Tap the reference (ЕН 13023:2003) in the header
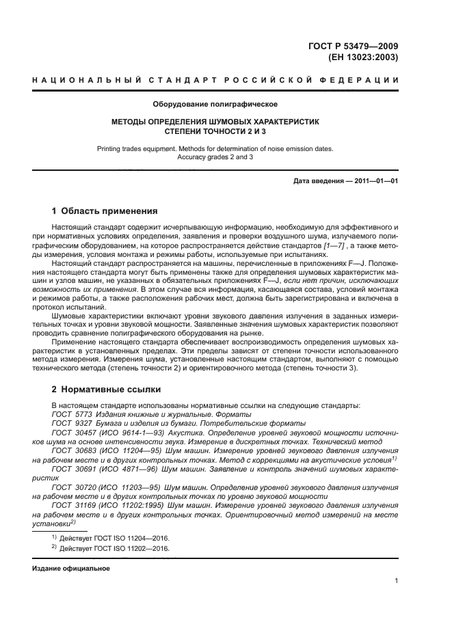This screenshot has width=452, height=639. [x=366, y=57]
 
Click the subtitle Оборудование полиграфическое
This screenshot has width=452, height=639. [x=215, y=104]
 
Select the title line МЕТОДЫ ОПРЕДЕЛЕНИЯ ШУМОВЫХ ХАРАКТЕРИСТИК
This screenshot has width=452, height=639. [x=215, y=121]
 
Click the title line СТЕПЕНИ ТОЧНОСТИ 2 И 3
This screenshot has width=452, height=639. [x=215, y=131]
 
